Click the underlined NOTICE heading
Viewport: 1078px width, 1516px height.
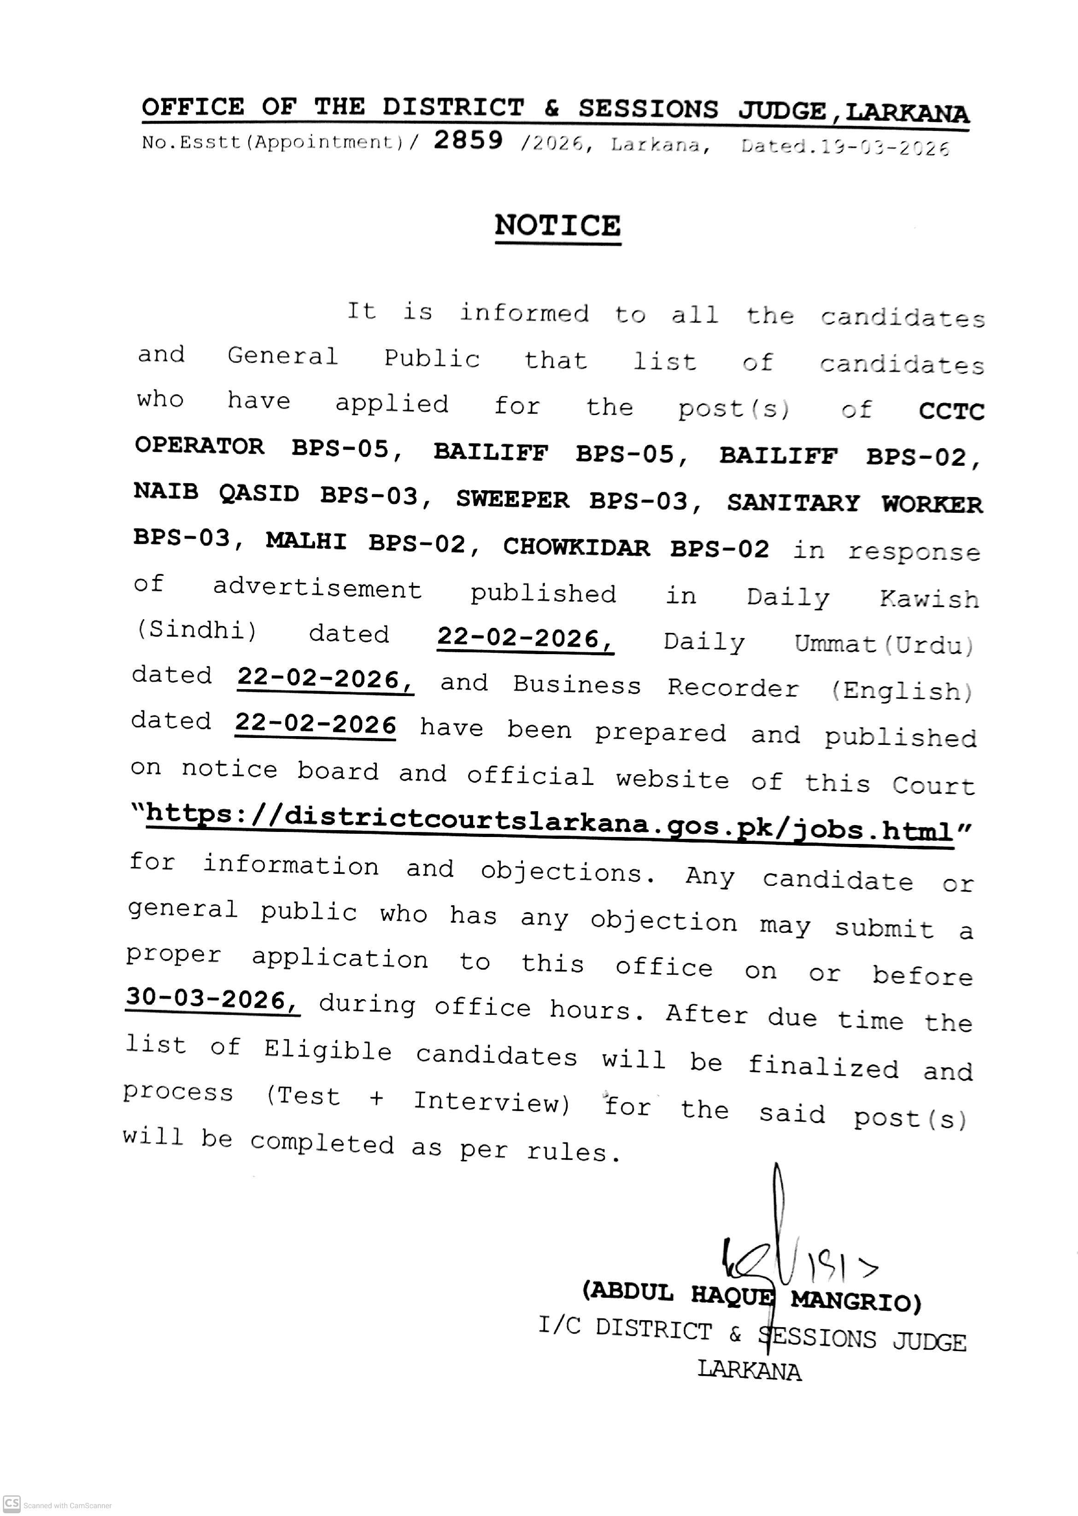(x=557, y=226)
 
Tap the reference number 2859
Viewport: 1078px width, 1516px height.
(x=469, y=140)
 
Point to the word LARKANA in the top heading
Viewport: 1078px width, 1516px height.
(x=908, y=113)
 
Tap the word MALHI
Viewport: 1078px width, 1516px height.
(x=306, y=542)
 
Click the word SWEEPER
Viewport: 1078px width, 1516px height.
(x=512, y=499)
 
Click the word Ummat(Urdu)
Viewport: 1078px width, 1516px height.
(x=884, y=644)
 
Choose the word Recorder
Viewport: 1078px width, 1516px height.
(x=733, y=688)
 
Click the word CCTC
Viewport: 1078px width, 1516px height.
(x=951, y=411)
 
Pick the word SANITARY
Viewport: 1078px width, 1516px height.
(x=793, y=503)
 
